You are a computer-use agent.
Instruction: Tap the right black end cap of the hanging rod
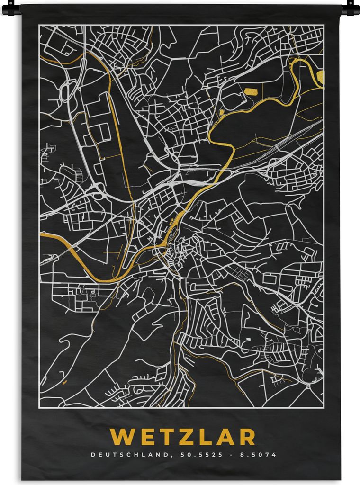[x=351, y=8]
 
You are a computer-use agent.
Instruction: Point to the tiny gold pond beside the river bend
[x=221, y=113]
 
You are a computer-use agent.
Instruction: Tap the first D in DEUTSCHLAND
[x=93, y=455]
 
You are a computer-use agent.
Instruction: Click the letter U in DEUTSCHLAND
[x=108, y=455]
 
